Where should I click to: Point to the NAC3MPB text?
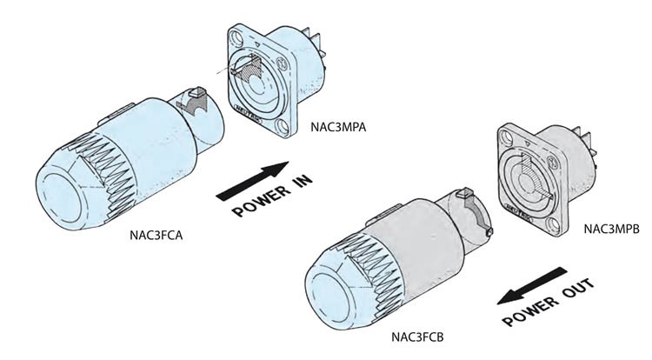611,229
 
